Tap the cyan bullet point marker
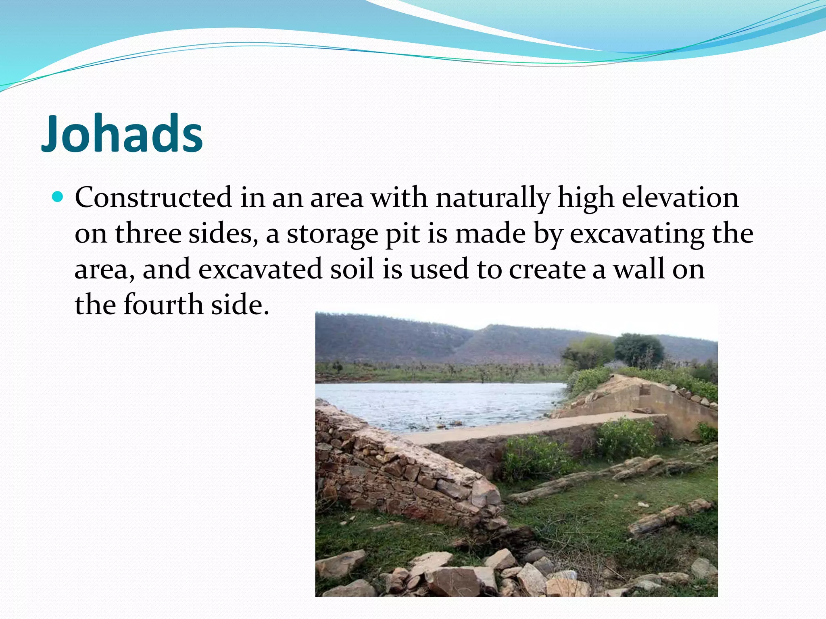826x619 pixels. [58, 197]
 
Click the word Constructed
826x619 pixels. [153, 198]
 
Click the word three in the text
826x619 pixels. [148, 233]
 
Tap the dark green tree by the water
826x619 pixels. [638, 349]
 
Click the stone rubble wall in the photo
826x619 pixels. [403, 472]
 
